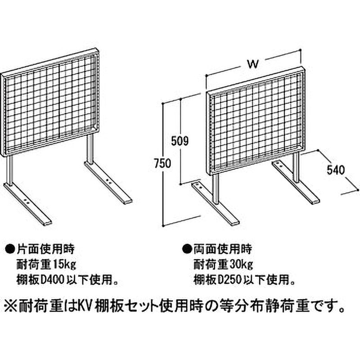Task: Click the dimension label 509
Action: [x=180, y=141]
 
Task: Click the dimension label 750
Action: [x=162, y=163]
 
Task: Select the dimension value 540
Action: [x=336, y=170]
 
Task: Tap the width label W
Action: [x=253, y=64]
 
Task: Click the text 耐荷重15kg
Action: [x=46, y=265]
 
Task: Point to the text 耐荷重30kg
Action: [x=223, y=265]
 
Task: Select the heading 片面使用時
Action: [x=45, y=249]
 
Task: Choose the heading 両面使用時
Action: [x=223, y=249]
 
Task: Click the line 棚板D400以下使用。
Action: [x=67, y=280]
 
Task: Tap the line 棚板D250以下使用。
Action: [x=244, y=280]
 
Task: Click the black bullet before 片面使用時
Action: [x=10, y=250]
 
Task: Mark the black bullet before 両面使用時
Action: [x=187, y=250]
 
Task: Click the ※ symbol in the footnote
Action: [x=11, y=307]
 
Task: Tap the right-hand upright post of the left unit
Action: [x=90, y=149]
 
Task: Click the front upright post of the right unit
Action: [x=215, y=189]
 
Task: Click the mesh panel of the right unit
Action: [x=256, y=121]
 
